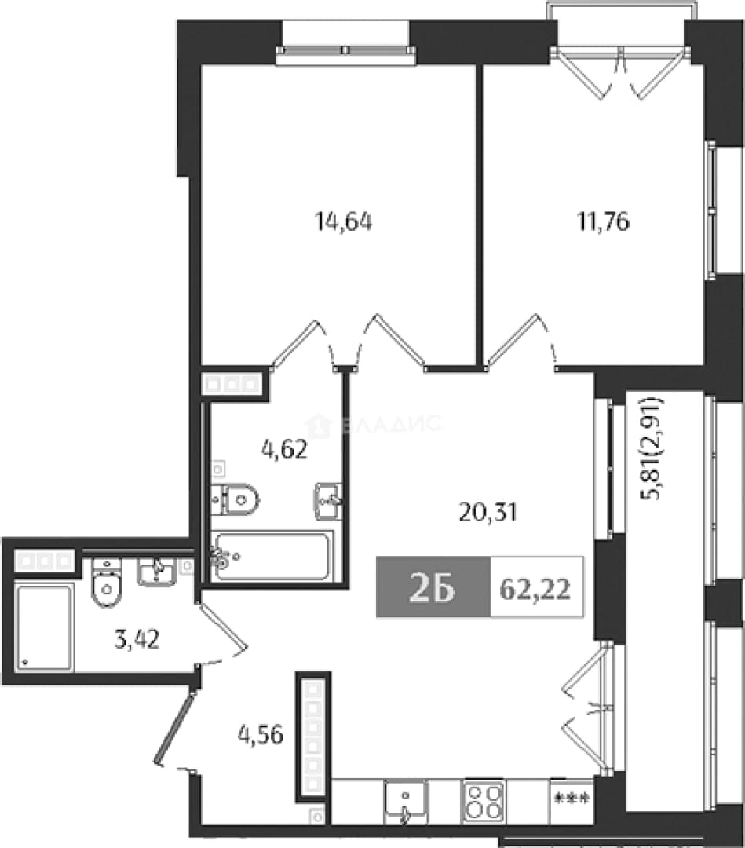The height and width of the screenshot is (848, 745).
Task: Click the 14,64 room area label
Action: pyautogui.click(x=343, y=221)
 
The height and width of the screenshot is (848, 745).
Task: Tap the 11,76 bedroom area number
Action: pyautogui.click(x=604, y=221)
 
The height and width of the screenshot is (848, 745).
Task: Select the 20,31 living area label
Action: pyautogui.click(x=488, y=512)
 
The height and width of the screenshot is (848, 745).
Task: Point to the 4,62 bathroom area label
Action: pyautogui.click(x=284, y=449)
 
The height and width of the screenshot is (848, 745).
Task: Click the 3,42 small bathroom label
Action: pyautogui.click(x=137, y=639)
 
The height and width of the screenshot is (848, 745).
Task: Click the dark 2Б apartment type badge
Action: pyautogui.click(x=433, y=587)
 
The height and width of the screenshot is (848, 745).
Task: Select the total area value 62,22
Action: pyautogui.click(x=535, y=588)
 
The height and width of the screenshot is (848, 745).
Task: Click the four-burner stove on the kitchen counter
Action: pyautogui.click(x=484, y=802)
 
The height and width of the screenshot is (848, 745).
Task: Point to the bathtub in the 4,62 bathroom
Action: pyautogui.click(x=272, y=556)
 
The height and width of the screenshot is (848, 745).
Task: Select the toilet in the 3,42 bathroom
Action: pyautogui.click(x=108, y=583)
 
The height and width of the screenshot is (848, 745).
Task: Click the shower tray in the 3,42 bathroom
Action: pyautogui.click(x=44, y=627)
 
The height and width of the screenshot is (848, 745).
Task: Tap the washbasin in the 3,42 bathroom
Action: pyautogui.click(x=156, y=572)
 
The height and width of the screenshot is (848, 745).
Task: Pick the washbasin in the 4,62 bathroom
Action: pyautogui.click(x=327, y=501)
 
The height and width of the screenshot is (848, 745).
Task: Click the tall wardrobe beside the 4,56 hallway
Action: pyautogui.click(x=312, y=737)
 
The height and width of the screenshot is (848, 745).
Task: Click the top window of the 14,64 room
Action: pyautogui.click(x=346, y=50)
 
